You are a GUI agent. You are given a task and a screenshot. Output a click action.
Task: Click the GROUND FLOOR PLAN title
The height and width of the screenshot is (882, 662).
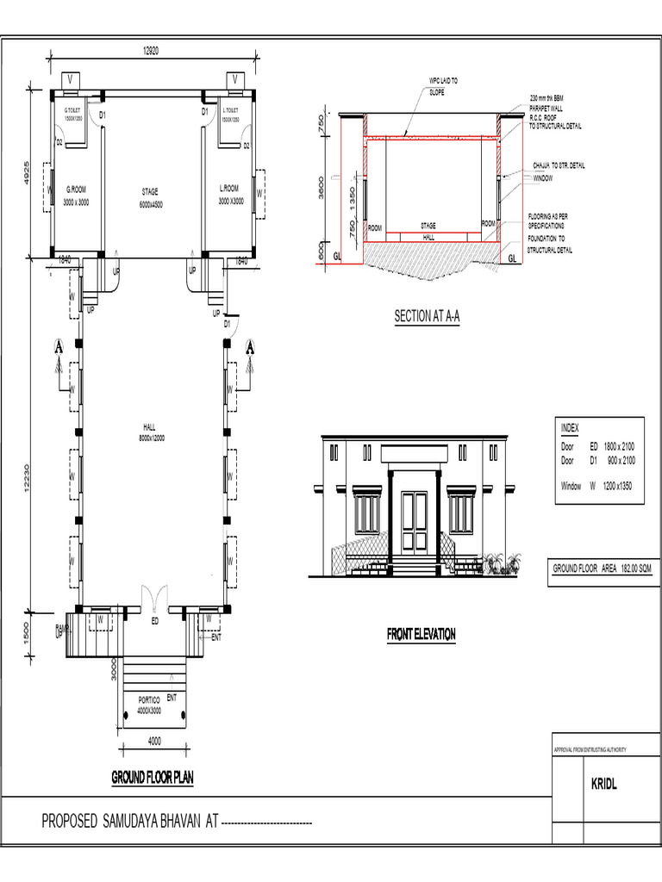click(153, 778)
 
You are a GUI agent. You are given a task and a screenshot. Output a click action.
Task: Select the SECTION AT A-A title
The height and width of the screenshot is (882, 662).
click(427, 316)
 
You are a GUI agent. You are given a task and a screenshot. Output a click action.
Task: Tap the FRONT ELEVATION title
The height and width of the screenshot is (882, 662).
click(421, 635)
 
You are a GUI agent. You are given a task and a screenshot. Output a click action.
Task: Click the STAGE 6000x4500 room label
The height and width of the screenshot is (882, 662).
click(152, 197)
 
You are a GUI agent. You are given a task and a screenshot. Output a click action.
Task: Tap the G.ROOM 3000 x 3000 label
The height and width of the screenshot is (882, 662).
click(75, 195)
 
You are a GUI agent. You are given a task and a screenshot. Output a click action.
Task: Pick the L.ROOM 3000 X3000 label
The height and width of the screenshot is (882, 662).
click(230, 195)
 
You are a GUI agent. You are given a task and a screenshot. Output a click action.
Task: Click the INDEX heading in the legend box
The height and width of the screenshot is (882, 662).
click(571, 427)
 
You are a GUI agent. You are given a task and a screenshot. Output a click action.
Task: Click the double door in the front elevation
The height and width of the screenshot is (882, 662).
click(414, 513)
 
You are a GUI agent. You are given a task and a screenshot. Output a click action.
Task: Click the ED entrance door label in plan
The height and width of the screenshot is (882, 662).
click(155, 620)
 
